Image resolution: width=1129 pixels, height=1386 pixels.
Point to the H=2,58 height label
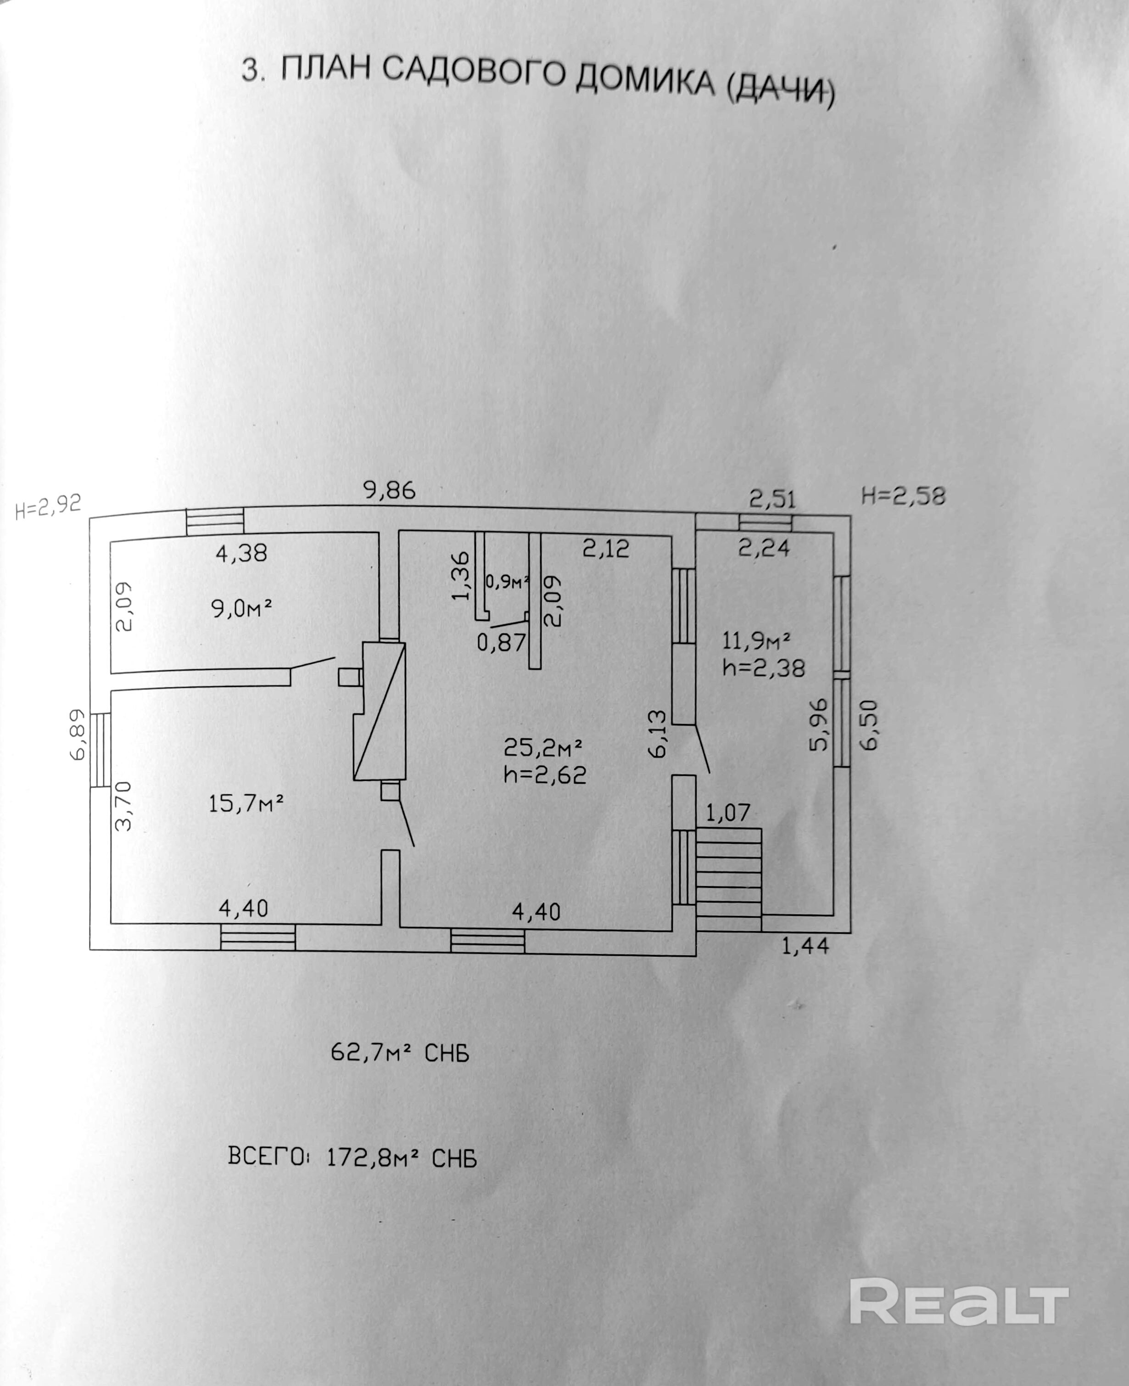903,496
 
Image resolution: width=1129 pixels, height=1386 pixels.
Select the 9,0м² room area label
240,609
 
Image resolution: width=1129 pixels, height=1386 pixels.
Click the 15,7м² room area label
246,804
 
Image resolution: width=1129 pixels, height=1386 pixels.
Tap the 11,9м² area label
756,642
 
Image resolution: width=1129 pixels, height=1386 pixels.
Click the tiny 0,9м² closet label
507,582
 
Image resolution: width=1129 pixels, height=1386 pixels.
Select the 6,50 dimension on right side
870,725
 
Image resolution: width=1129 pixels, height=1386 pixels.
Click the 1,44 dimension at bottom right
805,946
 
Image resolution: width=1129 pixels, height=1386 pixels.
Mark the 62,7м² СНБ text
400,1052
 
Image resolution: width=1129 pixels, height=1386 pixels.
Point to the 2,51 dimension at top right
772,499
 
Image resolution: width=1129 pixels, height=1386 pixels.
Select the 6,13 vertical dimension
658,733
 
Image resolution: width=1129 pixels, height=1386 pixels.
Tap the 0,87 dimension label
501,643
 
